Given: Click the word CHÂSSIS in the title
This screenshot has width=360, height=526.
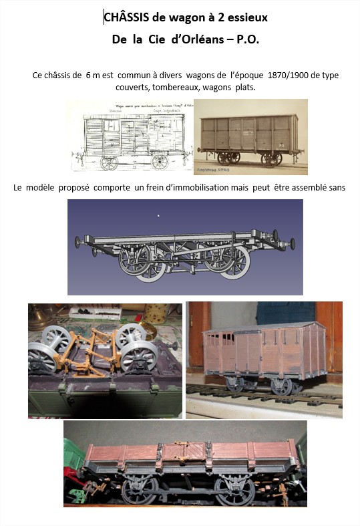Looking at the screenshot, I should [x=126, y=17].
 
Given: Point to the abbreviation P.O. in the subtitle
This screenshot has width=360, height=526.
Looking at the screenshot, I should [x=247, y=40].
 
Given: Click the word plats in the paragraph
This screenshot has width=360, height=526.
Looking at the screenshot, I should [x=254, y=87].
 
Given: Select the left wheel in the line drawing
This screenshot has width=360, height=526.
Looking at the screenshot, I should [x=109, y=162].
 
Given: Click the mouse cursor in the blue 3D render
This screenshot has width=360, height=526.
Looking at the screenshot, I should [x=158, y=215].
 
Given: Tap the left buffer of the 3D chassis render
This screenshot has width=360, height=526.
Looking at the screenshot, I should [x=77, y=240].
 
